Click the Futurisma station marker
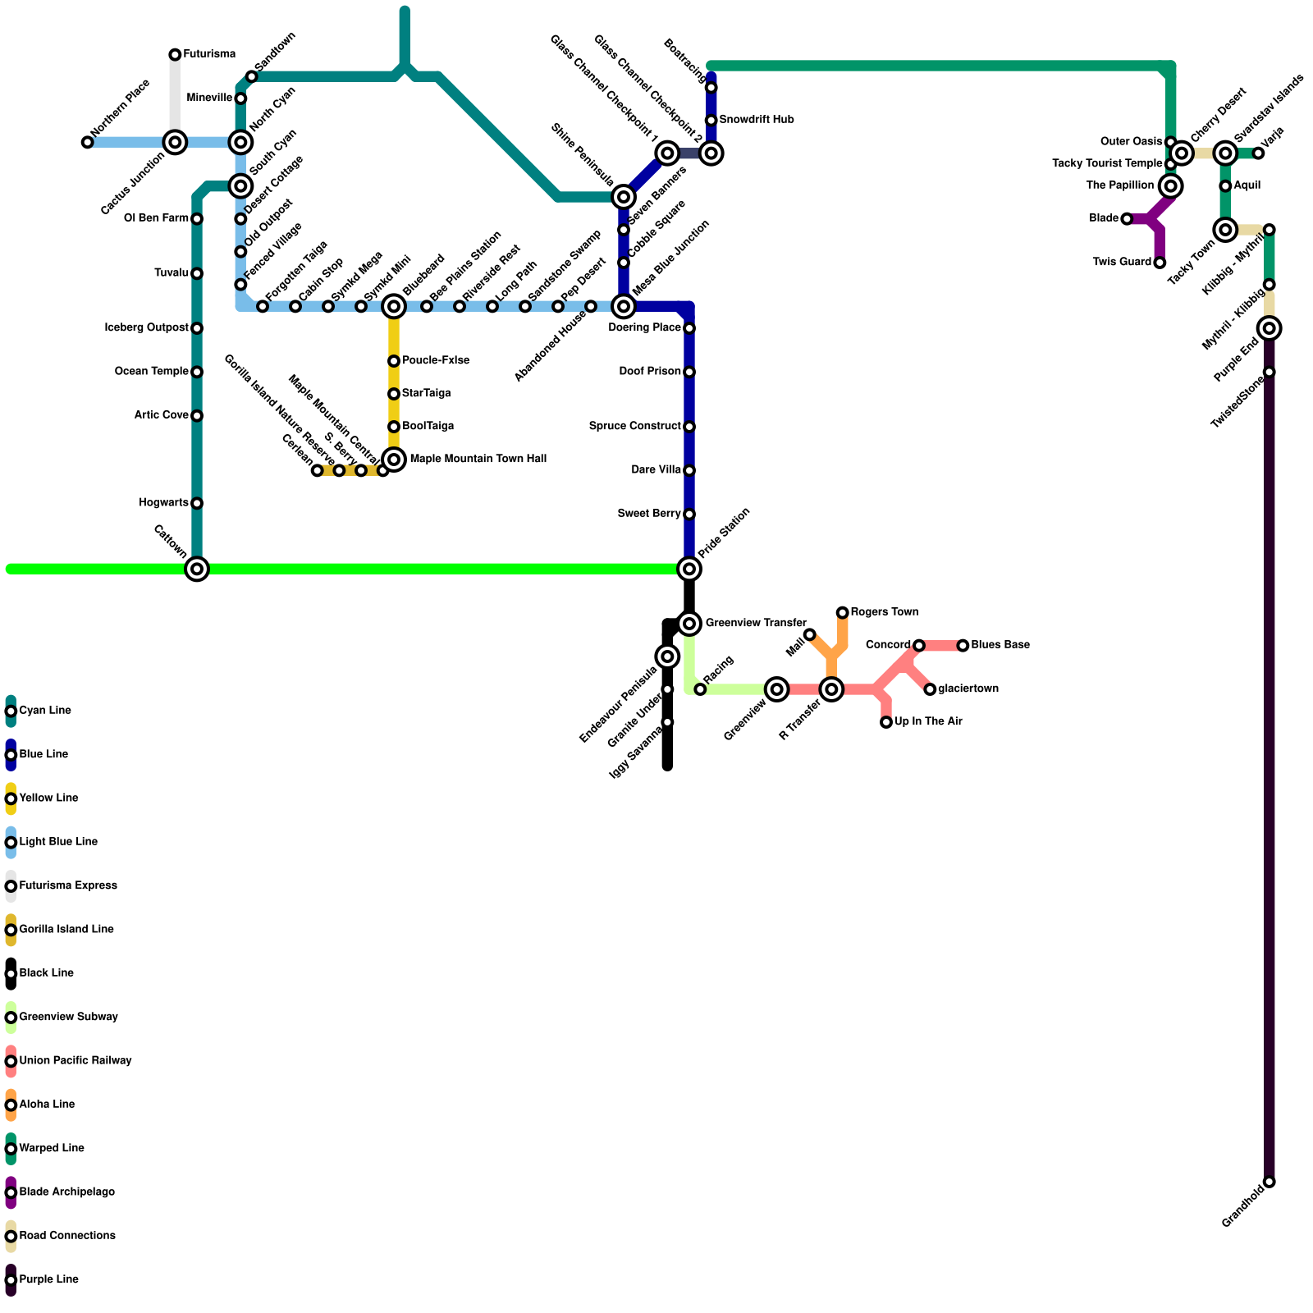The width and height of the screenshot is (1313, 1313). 175,55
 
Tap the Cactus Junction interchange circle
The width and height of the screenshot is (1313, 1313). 175,143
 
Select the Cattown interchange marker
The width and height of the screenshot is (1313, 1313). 197,569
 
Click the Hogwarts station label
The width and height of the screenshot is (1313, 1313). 164,503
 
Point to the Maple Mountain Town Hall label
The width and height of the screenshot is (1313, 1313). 478,460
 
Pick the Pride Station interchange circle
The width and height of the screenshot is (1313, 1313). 689,569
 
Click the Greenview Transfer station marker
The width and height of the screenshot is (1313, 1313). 689,624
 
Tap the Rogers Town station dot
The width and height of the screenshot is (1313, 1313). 843,613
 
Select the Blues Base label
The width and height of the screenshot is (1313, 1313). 1000,646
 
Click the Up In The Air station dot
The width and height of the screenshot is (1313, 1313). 886,722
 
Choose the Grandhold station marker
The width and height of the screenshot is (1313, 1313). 1270,1182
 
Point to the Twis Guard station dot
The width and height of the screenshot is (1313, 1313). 1160,263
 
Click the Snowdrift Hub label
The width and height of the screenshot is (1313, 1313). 756,121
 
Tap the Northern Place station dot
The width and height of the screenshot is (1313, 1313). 88,143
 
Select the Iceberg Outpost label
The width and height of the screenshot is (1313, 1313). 147,328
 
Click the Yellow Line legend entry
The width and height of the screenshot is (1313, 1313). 48,798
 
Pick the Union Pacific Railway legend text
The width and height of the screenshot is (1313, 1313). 75,1061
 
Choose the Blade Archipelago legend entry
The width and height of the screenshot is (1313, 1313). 66,1192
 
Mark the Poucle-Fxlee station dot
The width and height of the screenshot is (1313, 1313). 394,361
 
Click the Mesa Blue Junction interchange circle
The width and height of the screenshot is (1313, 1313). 624,307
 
